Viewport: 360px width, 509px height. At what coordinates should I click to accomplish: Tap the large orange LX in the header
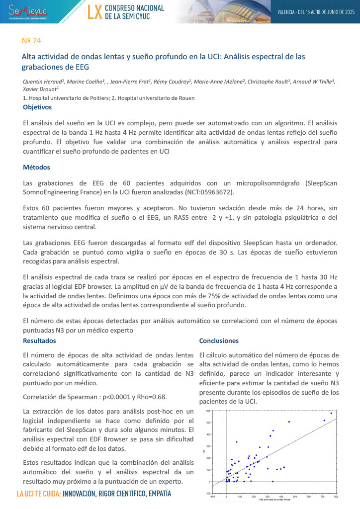coord(94,12)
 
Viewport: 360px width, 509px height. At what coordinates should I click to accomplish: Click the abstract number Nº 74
coord(31,40)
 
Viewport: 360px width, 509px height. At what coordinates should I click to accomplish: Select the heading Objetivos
coord(37,107)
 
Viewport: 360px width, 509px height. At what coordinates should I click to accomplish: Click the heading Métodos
coord(36,167)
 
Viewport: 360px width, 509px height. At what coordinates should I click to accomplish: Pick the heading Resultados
coord(40,340)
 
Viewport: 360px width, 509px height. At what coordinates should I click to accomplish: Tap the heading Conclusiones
coord(219,340)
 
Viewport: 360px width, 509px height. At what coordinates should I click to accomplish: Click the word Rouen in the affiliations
coord(185,98)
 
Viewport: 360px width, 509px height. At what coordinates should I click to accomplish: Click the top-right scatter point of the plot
coord(331,413)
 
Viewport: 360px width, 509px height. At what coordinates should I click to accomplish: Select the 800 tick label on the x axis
coord(336,496)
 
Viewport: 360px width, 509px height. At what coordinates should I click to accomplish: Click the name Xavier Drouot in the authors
coord(41,89)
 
